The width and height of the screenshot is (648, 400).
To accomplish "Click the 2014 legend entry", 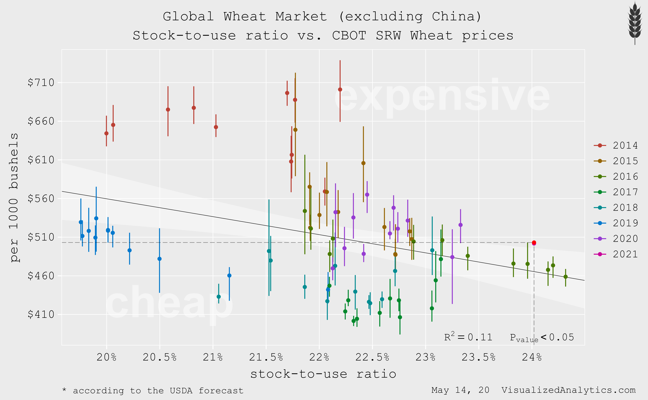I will pyautogui.click(x=616, y=146).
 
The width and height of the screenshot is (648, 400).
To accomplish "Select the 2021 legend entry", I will pyautogui.click(x=616, y=254).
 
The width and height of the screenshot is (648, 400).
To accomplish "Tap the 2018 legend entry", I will pyautogui.click(x=616, y=208).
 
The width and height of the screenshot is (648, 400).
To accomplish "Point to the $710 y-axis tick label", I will pyautogui.click(x=41, y=83).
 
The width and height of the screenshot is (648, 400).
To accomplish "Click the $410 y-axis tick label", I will pyautogui.click(x=41, y=315).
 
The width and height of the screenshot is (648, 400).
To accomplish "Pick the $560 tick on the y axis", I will pyautogui.click(x=41, y=199).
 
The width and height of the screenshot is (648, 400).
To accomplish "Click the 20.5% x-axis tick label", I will pyautogui.click(x=160, y=357).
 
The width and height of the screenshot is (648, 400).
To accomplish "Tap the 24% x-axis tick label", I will pyautogui.click(x=532, y=357).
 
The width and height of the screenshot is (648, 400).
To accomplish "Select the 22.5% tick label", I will pyautogui.click(x=372, y=357).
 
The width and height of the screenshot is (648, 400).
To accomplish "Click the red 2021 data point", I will pyautogui.click(x=534, y=243).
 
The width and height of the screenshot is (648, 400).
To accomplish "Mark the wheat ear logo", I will pyautogui.click(x=635, y=23).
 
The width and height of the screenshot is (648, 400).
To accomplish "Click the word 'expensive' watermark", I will pyautogui.click(x=442, y=97).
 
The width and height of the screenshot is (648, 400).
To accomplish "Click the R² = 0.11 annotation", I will pyautogui.click(x=468, y=337).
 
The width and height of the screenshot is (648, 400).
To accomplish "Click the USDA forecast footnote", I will pyautogui.click(x=153, y=391).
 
